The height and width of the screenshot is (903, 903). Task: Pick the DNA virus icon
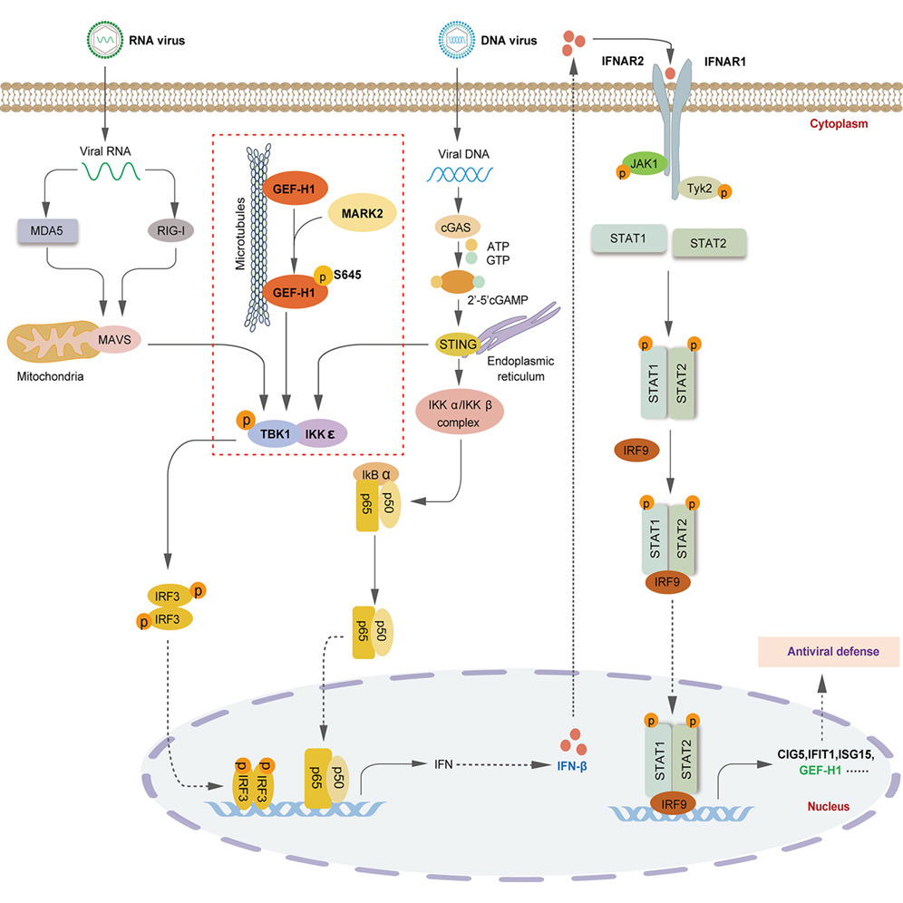[455, 40]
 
